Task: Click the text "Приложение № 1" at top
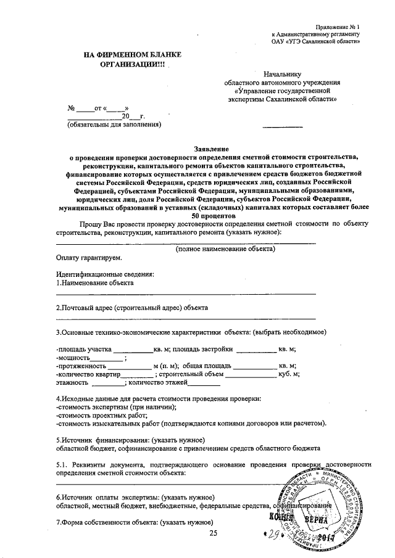coord(337,28)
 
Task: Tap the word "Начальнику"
coord(283,73)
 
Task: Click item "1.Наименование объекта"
coord(94,282)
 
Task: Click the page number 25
coord(214,533)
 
